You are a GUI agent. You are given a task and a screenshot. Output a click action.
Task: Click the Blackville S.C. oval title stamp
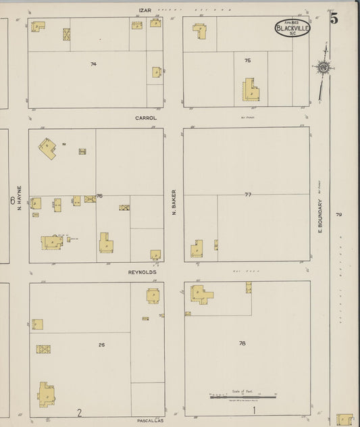pos(292,28)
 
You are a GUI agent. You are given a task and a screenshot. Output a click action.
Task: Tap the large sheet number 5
pos(334,19)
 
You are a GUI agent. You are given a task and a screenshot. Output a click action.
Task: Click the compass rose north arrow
pos(324,67)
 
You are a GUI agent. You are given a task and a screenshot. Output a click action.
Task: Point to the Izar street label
pos(143,10)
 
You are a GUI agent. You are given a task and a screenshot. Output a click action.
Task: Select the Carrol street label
pos(146,118)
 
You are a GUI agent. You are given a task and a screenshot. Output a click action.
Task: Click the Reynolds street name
pos(143,272)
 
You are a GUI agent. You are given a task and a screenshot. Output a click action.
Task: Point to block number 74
pos(93,64)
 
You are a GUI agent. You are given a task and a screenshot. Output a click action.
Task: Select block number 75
pos(248,61)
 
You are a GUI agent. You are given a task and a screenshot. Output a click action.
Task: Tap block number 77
pos(248,194)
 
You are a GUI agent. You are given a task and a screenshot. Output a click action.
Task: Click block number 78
pos(242,343)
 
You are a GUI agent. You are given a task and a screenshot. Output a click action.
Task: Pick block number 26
pos(101,345)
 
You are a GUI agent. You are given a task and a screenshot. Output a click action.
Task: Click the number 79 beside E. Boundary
pos(339,215)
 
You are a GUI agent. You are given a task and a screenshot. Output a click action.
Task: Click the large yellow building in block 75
pos(251,92)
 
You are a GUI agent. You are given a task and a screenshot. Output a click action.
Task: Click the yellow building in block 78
pos(201,294)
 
